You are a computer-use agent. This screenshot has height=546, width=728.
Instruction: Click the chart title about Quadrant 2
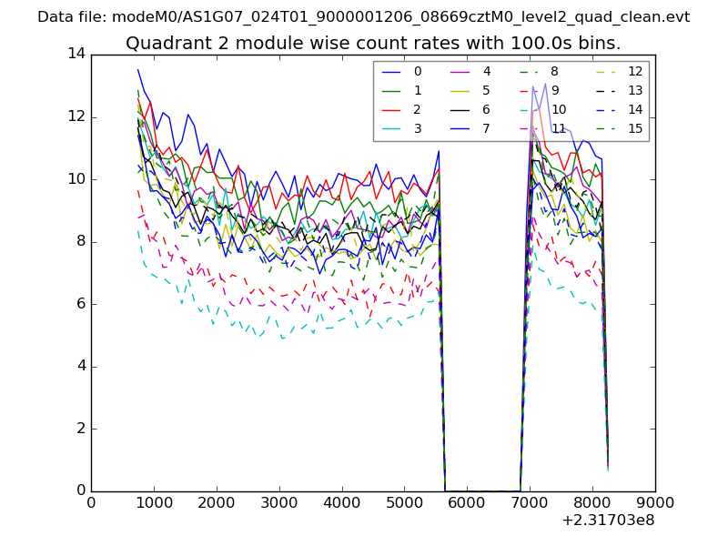click(373, 43)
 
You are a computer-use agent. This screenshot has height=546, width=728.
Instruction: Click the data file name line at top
click(364, 17)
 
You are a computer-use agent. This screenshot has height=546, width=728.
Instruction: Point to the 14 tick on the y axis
click(76, 54)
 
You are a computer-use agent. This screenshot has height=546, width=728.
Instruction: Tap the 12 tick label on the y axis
click(76, 116)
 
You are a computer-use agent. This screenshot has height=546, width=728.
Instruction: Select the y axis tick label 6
click(80, 304)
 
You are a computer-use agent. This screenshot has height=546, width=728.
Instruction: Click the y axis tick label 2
click(80, 429)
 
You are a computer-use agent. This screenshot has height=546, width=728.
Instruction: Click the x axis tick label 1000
click(154, 501)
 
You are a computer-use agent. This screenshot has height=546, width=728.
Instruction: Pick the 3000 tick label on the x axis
click(279, 501)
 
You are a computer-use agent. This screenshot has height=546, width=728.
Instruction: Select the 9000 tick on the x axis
click(655, 501)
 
